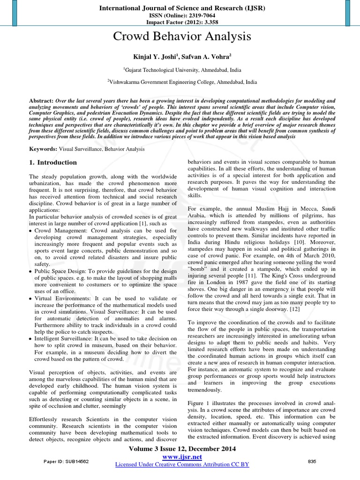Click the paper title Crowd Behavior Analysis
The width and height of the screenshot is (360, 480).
180,37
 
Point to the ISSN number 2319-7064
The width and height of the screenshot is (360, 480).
193,15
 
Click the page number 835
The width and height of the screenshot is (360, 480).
312,462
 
